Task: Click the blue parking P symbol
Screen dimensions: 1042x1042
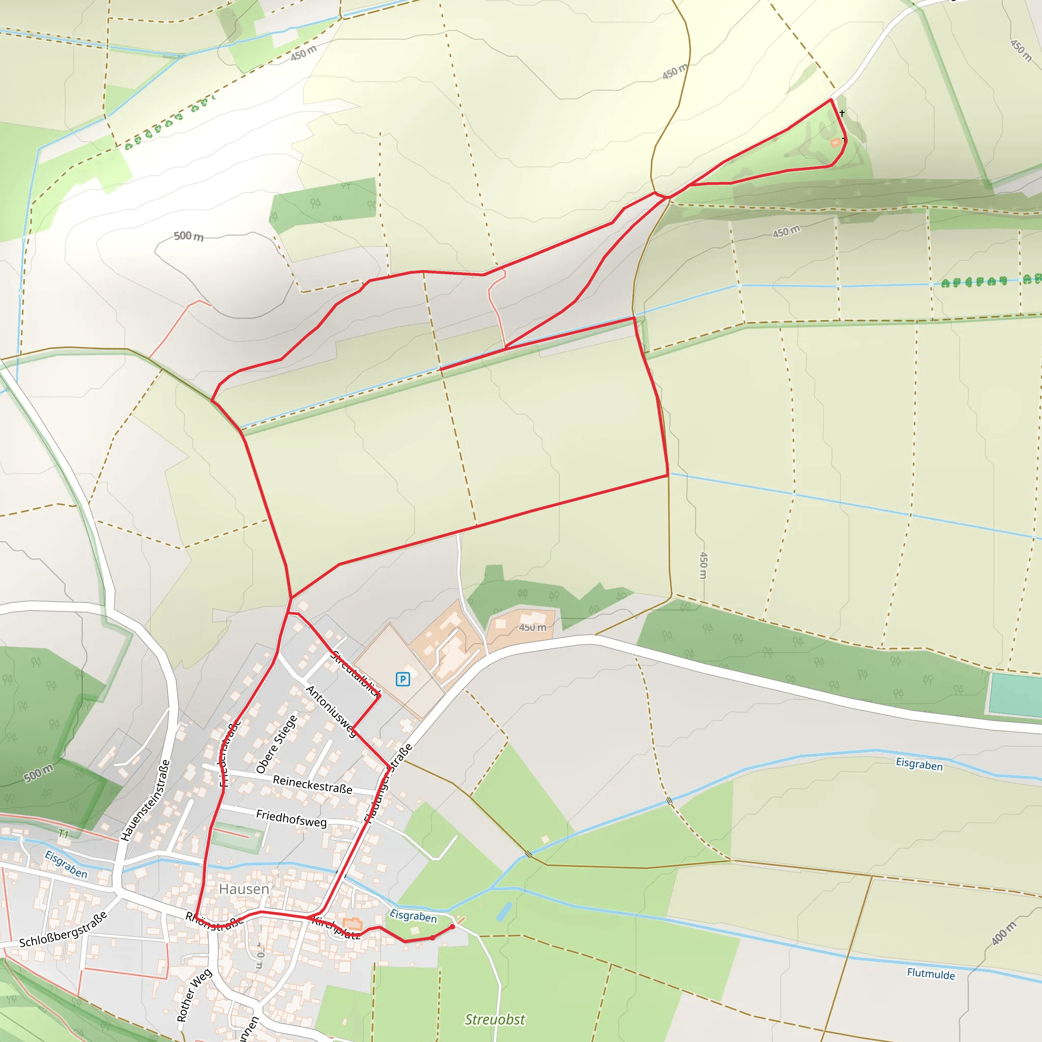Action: tap(402, 679)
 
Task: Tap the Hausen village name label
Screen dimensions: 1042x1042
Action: tap(244, 889)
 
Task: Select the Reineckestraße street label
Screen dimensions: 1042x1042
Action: tap(312, 784)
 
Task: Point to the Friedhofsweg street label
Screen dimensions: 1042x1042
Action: tap(291, 818)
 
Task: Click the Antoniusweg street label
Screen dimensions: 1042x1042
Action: tap(331, 711)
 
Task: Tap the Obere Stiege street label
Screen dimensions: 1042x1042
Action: tap(276, 744)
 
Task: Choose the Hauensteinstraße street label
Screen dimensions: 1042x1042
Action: tap(145, 800)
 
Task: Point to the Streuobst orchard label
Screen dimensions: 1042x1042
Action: tap(495, 1019)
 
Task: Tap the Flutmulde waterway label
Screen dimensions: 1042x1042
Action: tap(931, 973)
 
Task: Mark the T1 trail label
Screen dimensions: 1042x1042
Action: tap(64, 834)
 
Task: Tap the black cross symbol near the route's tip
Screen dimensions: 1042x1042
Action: tap(842, 113)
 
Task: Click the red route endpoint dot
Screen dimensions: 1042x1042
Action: tap(452, 927)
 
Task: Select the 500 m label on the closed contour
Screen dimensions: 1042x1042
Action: tap(189, 236)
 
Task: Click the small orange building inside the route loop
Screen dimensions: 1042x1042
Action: tap(835, 143)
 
